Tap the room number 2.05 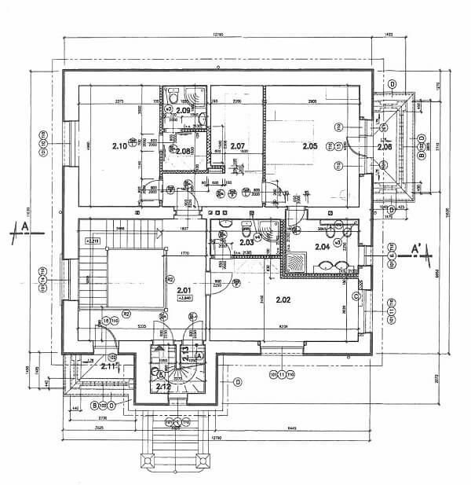tap(309, 146)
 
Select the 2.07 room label tap(239, 146)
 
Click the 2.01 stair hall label tap(184, 292)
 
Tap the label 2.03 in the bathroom tap(246, 243)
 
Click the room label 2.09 tap(184, 110)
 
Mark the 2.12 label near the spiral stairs tap(163, 386)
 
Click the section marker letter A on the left tap(25, 227)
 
